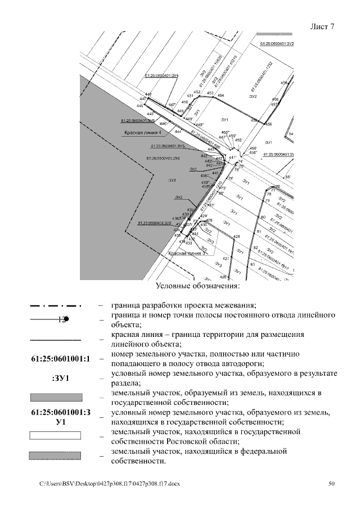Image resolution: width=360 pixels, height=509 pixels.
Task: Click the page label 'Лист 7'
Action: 322,27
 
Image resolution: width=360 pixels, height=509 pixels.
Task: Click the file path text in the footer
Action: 110,484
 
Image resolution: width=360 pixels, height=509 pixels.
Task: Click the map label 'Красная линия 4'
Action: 143,133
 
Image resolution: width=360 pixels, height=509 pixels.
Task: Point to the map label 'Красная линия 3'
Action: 187,254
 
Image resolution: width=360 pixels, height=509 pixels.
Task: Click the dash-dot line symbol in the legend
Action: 55,306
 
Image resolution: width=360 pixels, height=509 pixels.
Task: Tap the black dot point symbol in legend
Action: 66,319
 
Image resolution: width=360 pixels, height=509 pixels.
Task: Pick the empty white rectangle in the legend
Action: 55,436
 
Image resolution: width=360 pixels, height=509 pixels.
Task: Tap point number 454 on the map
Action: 220,96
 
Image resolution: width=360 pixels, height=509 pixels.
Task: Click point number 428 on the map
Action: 236,237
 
